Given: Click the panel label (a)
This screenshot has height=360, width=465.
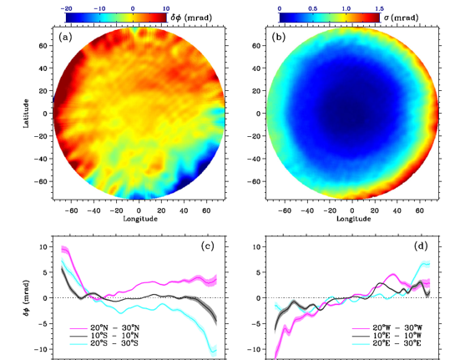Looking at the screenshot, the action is [65, 38].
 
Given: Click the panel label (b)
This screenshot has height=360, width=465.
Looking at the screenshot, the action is [279, 38].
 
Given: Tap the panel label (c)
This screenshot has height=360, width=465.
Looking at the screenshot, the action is [207, 246].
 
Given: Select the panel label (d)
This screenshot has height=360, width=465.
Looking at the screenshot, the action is [421, 246].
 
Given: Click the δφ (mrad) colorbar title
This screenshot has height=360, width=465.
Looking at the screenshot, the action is [191, 18].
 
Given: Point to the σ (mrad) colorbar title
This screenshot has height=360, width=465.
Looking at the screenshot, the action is [402, 18].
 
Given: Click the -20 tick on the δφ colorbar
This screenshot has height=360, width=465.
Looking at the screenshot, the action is [66, 8].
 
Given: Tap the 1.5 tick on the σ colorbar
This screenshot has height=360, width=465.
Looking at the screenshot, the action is [379, 8].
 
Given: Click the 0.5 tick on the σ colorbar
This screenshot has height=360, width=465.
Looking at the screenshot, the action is [312, 8].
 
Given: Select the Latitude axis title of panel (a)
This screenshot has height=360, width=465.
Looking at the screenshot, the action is [26, 114].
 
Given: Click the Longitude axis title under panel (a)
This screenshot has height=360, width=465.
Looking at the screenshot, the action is [140, 219].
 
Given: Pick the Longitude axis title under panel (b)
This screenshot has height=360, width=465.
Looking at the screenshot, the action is [353, 219].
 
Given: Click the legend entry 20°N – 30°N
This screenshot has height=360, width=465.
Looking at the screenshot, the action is [104, 328].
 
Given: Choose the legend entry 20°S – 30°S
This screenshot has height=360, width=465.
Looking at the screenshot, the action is [104, 343].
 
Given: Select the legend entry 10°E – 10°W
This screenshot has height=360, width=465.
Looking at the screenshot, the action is [387, 336].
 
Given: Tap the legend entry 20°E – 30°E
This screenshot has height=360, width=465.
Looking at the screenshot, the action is [387, 343].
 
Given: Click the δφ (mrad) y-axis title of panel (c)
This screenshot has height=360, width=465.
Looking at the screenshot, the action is [27, 297].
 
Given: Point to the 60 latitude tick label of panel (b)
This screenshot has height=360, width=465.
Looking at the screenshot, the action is [256, 46].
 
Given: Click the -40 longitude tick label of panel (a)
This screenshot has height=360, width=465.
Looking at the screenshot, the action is [94, 210].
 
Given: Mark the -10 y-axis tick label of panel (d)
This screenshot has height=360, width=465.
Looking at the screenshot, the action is [255, 349].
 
